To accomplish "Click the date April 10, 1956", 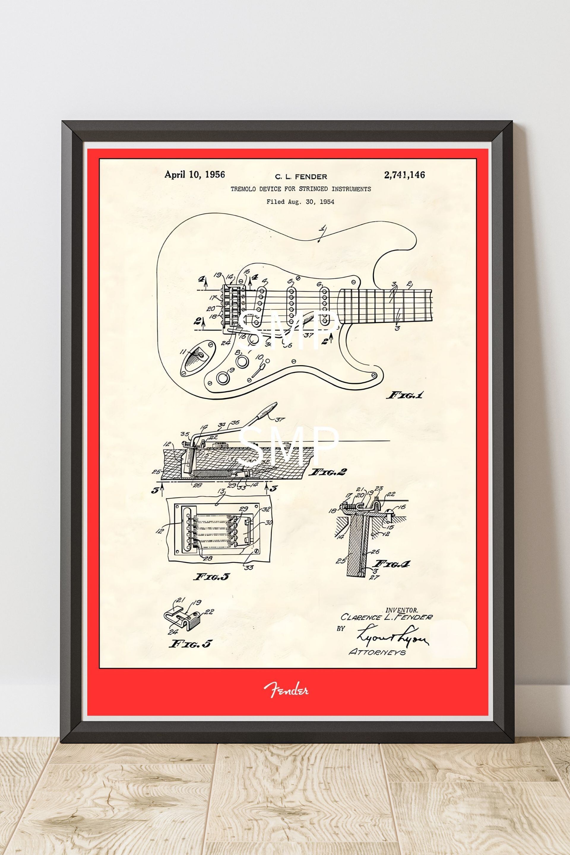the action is click(x=194, y=175).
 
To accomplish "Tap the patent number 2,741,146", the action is click(x=404, y=175).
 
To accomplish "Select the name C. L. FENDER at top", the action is click(x=301, y=177).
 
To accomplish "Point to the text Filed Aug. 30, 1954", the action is click(x=300, y=202).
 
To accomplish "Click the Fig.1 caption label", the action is click(x=406, y=395).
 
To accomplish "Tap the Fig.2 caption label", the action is click(x=327, y=472).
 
